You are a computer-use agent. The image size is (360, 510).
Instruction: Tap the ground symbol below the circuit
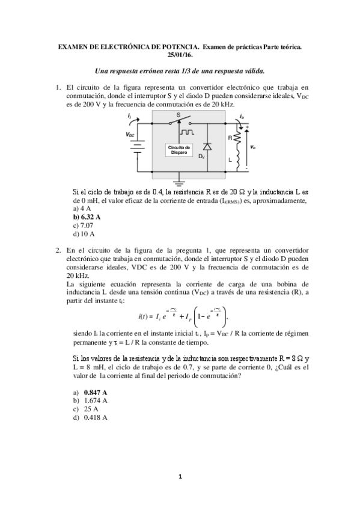click(177, 179)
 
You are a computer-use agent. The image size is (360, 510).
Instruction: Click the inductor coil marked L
click(237, 160)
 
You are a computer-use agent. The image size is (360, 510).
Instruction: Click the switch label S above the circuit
click(178, 114)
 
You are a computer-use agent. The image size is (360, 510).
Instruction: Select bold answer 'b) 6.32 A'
click(87, 217)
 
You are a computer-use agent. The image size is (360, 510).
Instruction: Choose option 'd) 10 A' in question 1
click(84, 233)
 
